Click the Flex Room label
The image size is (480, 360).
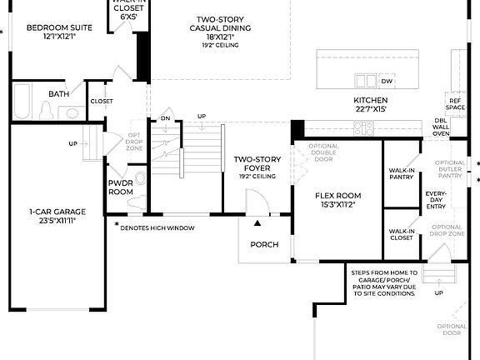click(335, 199)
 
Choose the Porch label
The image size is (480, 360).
click(263, 244)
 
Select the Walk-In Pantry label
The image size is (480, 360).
click(402, 172)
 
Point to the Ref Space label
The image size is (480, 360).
click(456, 103)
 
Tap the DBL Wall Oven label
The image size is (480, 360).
click(441, 127)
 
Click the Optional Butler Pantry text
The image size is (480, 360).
click(450, 169)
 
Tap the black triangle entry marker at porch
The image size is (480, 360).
click(257, 223)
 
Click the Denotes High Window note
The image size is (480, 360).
click(158, 227)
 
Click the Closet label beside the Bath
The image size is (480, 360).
click(102, 101)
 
